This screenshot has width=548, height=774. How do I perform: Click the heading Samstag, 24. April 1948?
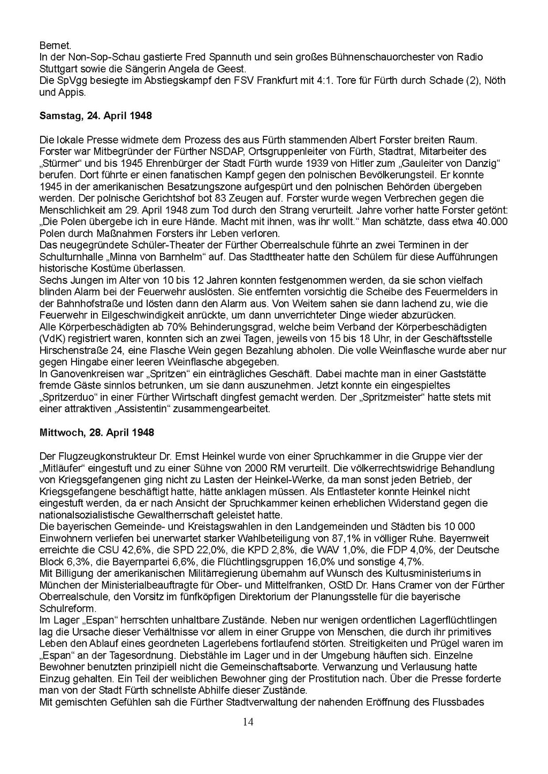tap(95, 116)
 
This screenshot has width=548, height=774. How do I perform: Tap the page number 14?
tap(248, 722)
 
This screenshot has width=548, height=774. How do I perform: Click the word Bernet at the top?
tap(52, 45)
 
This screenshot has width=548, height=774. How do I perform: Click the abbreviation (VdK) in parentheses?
tap(52, 339)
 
